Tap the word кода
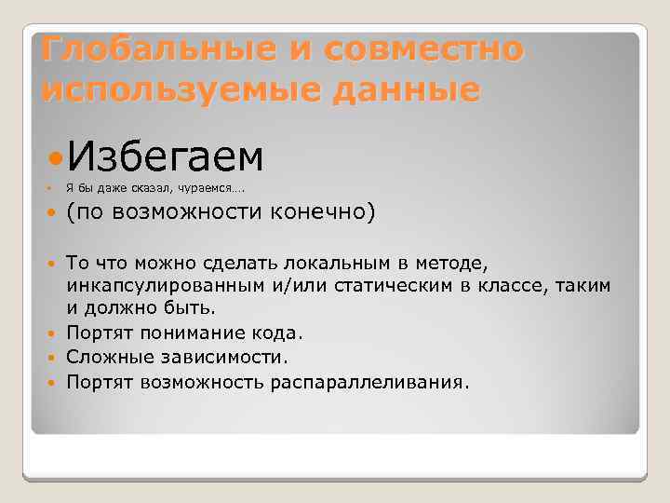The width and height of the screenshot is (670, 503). pos(281,332)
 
